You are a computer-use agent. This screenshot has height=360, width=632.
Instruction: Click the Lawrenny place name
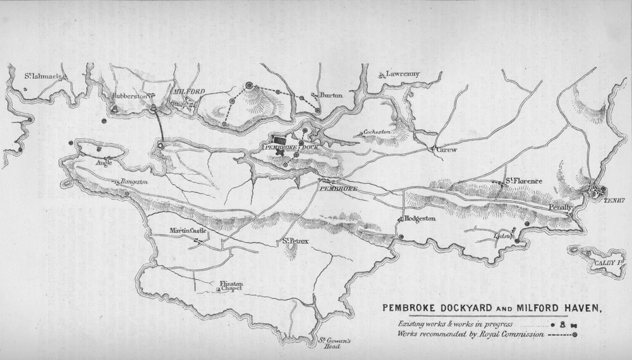click(403, 73)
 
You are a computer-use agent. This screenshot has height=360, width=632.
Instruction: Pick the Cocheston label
click(378, 132)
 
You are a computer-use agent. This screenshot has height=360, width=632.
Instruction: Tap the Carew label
click(446, 151)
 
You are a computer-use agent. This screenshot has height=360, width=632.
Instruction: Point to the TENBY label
click(614, 201)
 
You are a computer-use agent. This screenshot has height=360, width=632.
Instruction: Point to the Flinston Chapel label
click(230, 287)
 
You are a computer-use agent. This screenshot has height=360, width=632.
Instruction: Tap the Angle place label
click(104, 162)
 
